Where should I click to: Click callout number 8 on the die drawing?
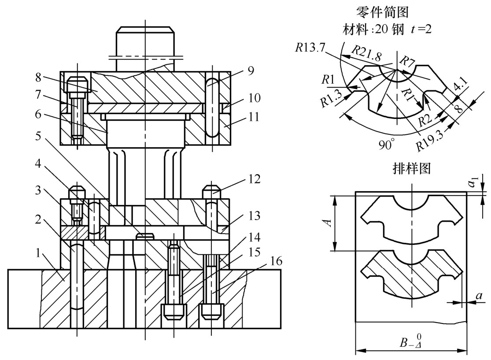(x=38, y=77)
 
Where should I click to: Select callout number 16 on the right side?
(x=275, y=261)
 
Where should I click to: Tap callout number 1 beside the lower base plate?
(x=38, y=252)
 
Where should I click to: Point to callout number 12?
(x=254, y=179)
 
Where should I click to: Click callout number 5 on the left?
(x=38, y=136)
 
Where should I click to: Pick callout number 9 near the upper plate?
(x=251, y=71)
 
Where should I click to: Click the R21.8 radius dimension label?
(x=366, y=53)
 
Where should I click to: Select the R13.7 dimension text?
(x=310, y=48)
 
